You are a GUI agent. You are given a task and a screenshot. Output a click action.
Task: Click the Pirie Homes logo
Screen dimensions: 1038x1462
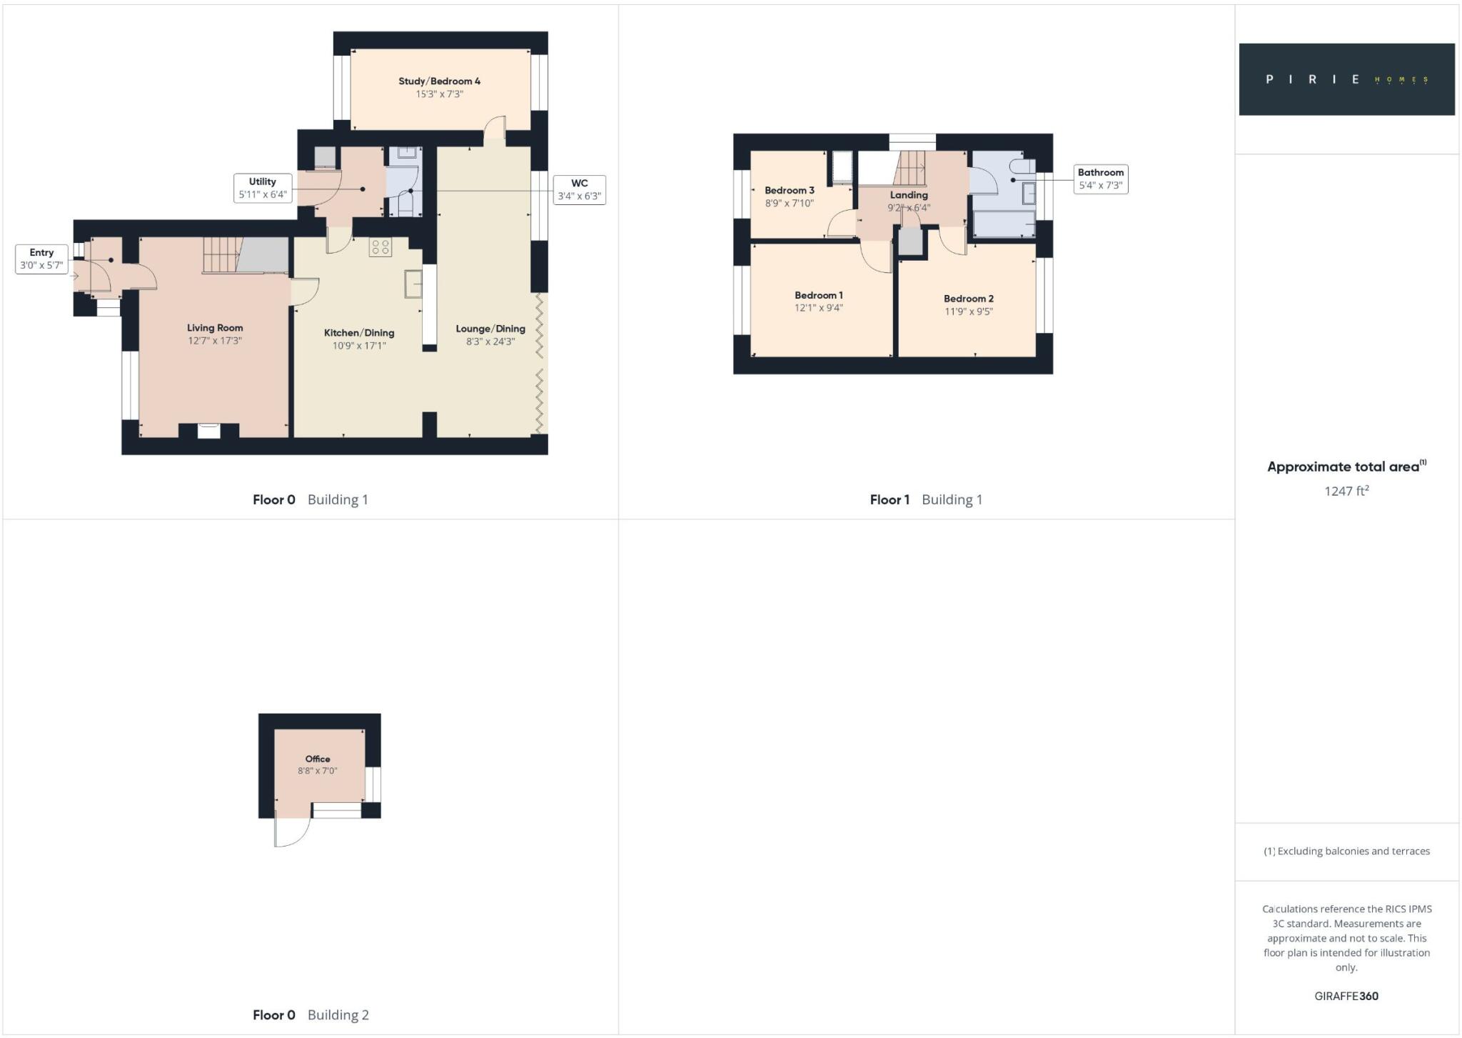(x=1346, y=79)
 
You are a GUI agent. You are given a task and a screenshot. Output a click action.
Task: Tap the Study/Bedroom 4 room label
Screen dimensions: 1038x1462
(x=439, y=81)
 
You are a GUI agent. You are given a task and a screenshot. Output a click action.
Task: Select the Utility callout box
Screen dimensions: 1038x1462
(x=263, y=188)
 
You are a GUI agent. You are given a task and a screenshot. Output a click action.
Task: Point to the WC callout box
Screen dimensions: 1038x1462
(x=579, y=189)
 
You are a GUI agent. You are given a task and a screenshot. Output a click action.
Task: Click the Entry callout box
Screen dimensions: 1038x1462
(x=41, y=259)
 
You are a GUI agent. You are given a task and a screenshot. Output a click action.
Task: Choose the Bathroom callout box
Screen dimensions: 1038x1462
(x=1100, y=179)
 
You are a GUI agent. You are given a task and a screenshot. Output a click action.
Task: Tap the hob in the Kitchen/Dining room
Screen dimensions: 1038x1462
(x=380, y=247)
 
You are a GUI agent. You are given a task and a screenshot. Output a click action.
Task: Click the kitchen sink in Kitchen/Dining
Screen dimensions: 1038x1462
(x=413, y=284)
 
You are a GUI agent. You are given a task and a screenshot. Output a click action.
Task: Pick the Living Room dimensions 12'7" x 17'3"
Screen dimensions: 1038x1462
(x=215, y=341)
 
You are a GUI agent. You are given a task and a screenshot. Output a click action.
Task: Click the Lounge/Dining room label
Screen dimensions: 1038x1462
(x=490, y=329)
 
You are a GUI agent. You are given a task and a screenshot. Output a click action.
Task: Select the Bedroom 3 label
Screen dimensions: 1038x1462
(x=789, y=190)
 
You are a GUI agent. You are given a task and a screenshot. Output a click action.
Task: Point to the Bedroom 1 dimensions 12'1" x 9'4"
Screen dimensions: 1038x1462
(x=818, y=308)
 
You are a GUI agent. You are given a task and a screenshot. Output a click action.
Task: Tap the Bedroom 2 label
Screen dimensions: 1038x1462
(x=968, y=299)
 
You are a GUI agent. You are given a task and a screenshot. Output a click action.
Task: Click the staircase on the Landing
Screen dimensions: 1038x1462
(x=909, y=169)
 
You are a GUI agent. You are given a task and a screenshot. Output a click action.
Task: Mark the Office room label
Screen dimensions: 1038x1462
(x=318, y=759)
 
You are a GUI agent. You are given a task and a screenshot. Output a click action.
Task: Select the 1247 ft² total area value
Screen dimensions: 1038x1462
(x=1346, y=491)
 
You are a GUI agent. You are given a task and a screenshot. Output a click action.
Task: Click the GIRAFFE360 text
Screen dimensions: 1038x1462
(x=1346, y=996)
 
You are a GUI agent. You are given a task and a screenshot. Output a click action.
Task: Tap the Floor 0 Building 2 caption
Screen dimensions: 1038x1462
(x=311, y=1014)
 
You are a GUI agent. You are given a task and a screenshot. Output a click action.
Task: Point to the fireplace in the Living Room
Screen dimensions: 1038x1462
(x=208, y=430)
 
